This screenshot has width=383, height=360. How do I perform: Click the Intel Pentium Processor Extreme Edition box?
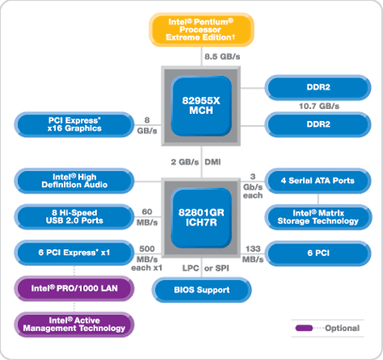click(x=202, y=30)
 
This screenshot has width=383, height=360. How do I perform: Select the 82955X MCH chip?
click(x=201, y=106)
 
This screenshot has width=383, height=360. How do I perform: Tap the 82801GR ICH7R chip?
click(x=201, y=218)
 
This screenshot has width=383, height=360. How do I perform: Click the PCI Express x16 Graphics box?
click(x=74, y=124)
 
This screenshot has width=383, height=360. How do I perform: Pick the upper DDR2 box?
click(x=318, y=88)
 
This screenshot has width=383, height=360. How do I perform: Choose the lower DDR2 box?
click(x=318, y=124)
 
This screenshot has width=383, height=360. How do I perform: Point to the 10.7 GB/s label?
click(x=319, y=106)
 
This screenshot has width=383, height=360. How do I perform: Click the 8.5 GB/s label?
click(x=222, y=57)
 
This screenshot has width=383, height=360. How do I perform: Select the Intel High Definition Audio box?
click(x=74, y=180)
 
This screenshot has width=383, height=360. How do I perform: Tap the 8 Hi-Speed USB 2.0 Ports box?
click(x=74, y=217)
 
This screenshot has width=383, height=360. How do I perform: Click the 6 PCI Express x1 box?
click(x=74, y=253)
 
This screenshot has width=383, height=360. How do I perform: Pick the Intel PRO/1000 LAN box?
click(x=74, y=289)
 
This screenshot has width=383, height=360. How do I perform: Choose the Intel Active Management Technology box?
click(x=74, y=324)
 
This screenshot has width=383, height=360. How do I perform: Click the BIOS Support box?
click(x=202, y=290)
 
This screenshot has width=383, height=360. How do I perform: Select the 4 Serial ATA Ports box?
click(x=318, y=180)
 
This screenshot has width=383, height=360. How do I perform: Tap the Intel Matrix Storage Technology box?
click(x=318, y=217)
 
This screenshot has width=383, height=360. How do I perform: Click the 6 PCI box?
click(x=318, y=253)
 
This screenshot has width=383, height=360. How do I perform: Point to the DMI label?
click(x=213, y=162)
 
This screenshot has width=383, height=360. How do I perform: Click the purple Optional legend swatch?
click(x=304, y=329)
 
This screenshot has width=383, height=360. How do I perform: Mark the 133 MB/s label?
click(x=253, y=254)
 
